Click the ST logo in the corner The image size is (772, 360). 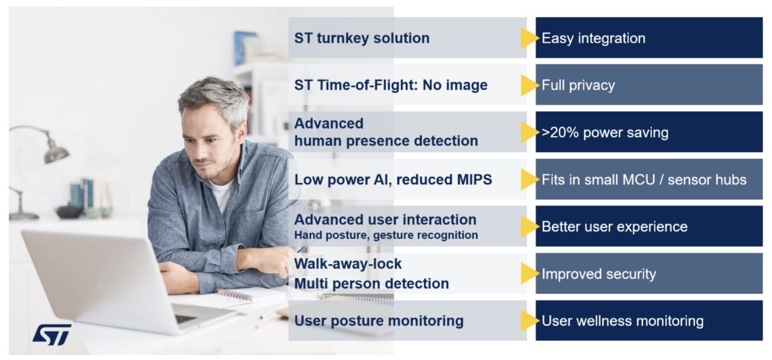coord(52,334)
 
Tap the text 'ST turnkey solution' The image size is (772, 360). coord(362,38)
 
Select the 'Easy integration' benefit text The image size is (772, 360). coord(593,38)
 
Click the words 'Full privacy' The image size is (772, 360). coord(578,85)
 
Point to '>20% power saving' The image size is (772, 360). coord(605,132)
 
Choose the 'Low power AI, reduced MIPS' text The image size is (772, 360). coord(394,179)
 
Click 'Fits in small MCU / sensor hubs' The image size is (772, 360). coord(644,179)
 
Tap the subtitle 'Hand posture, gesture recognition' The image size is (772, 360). coord(386,235)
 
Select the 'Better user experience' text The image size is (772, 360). coord(614,226)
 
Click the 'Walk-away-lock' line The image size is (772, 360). coord(348,264)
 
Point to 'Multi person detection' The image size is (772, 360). coord(371,284)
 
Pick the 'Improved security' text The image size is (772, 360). coord(599,274)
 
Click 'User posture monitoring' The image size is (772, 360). coord(378,321)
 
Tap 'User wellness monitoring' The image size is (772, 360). coord(622,321)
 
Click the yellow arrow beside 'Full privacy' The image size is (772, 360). coord(530,85)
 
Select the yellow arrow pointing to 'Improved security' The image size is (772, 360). coord(530,274)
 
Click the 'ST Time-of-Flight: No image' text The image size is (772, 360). coord(391,85)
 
